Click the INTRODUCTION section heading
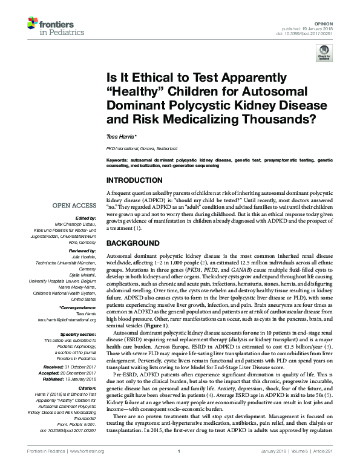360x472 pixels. pyautogui.click(x=134, y=180)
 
